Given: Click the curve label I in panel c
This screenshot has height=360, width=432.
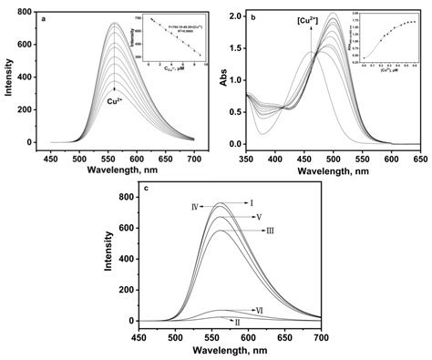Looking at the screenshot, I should point(251,203).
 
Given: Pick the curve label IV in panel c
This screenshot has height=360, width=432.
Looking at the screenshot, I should point(196,208).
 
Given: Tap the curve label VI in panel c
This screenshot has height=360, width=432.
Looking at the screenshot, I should point(261,311).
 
